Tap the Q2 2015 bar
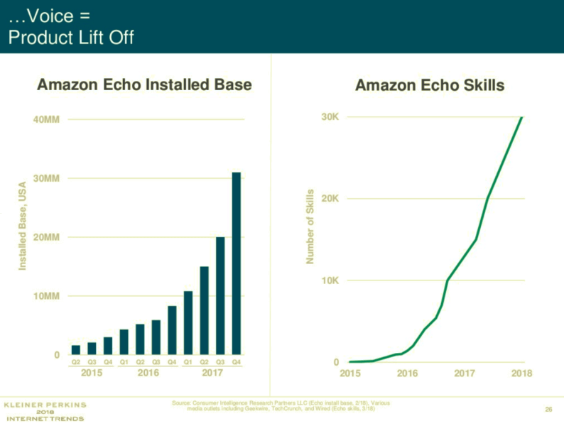76,349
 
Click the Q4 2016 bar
172,329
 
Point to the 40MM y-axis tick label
47,119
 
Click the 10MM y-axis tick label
47,296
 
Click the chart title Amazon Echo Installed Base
144,86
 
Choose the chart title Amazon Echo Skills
430,86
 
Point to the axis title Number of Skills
310,226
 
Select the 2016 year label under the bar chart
148,372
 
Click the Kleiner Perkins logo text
45,405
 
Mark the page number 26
548,408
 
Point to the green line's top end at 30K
522,117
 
